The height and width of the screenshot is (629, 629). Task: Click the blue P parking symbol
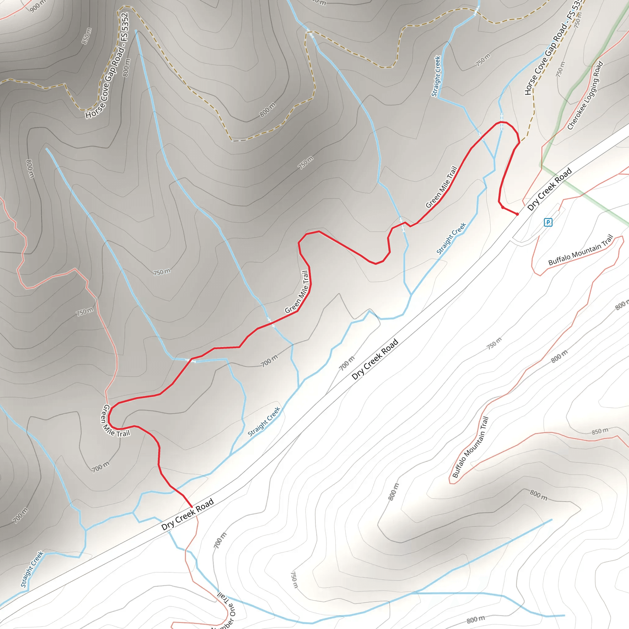[548, 222]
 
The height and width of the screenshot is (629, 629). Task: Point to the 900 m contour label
[38, 6]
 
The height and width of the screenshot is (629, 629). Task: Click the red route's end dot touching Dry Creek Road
[517, 214]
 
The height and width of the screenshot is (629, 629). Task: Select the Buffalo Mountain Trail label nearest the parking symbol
[581, 250]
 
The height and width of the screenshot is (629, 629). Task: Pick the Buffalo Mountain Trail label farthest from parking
[471, 447]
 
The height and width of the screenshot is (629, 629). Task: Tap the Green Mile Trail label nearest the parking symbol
[441, 187]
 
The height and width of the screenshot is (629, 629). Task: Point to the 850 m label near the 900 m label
[87, 36]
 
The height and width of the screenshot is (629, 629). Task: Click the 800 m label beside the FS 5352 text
[126, 67]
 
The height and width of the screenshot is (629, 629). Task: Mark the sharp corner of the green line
[542, 166]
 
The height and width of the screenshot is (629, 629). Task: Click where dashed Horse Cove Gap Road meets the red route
[520, 142]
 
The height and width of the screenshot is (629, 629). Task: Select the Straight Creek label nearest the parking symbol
[451, 238]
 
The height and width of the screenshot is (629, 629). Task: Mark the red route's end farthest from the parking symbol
[192, 507]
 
